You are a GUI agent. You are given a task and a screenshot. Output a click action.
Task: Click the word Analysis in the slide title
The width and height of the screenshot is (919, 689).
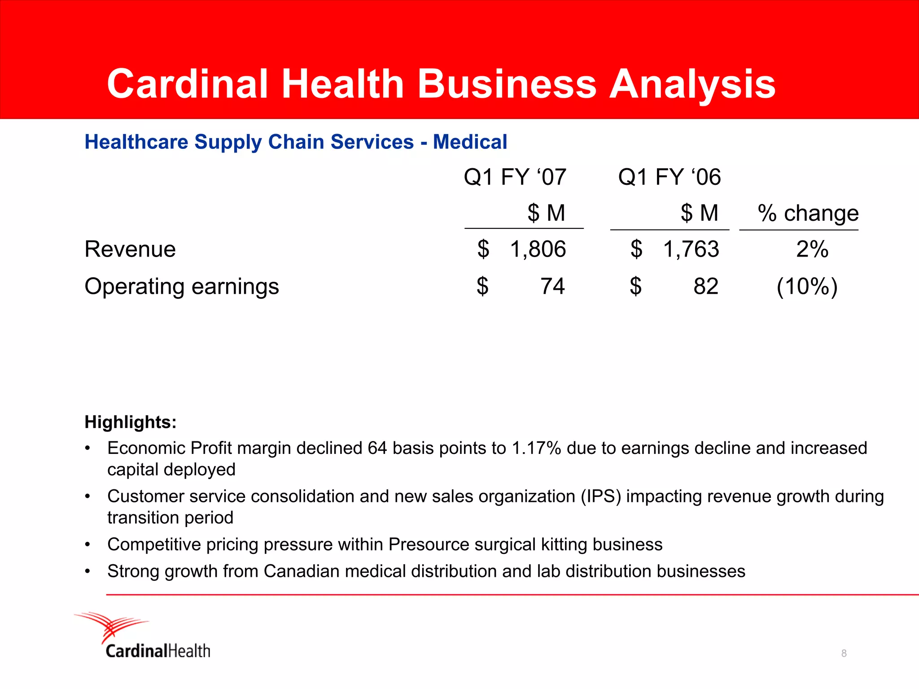point(692,85)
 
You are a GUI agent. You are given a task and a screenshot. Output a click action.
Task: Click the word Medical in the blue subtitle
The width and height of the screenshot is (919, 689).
point(470,142)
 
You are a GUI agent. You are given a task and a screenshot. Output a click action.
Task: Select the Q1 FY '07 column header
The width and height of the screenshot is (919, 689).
point(515,177)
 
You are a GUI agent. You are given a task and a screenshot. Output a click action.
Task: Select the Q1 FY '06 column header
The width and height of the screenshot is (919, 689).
point(669,177)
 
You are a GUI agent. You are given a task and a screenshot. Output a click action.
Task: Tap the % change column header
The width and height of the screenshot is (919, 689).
point(808,213)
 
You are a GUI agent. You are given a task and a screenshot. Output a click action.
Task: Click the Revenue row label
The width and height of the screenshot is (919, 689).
point(130,249)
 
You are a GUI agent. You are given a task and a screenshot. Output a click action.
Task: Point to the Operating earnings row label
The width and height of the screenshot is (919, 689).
point(182,287)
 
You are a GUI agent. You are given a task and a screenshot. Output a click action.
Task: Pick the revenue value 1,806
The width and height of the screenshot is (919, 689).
point(538,249)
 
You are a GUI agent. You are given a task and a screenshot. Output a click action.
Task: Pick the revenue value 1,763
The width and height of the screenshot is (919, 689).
point(691,249)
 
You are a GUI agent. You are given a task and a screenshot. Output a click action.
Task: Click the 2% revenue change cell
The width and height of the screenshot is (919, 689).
point(812,249)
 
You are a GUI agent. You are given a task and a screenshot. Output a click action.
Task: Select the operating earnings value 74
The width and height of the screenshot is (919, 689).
point(552,287)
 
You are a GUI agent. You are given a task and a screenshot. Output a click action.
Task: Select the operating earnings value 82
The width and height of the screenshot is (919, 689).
point(705,287)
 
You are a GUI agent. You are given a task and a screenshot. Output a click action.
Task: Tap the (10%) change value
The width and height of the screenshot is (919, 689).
point(807,287)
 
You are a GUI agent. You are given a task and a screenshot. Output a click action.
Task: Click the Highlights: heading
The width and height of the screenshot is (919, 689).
point(131,422)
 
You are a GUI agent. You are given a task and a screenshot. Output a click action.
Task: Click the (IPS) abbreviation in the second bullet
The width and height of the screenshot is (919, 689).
point(601,497)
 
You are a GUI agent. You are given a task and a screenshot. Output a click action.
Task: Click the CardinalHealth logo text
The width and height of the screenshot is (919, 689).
point(158,651)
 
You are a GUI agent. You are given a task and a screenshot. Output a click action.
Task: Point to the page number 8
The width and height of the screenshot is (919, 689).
point(844,654)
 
